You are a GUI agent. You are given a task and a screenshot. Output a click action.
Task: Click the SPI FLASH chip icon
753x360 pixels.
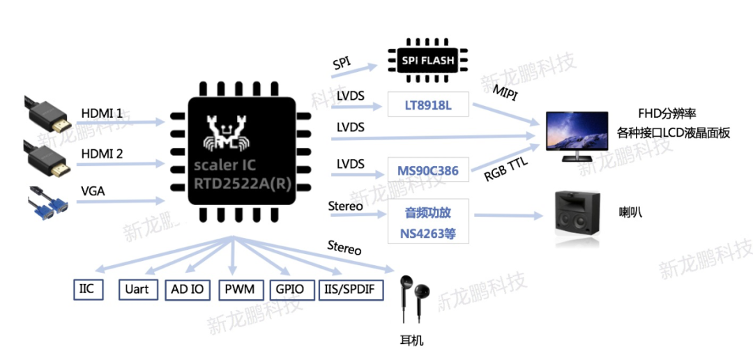point(427,61)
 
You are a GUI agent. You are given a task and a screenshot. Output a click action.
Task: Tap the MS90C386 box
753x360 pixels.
point(427,170)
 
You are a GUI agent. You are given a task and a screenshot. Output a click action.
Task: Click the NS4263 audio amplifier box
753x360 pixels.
point(428,221)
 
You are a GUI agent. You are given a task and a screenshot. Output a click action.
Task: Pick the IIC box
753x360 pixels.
point(87,289)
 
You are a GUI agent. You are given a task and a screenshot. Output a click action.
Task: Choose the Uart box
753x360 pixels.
point(137,290)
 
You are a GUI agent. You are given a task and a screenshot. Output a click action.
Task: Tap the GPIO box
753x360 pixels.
point(289,290)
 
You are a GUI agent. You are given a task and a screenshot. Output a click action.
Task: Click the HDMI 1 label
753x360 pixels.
point(102,113)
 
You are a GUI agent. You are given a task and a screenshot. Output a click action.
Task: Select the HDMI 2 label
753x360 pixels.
point(102,154)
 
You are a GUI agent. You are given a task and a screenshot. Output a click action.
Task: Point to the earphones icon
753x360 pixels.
point(414,297)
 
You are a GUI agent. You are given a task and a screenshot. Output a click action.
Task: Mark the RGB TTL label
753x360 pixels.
point(508,170)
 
